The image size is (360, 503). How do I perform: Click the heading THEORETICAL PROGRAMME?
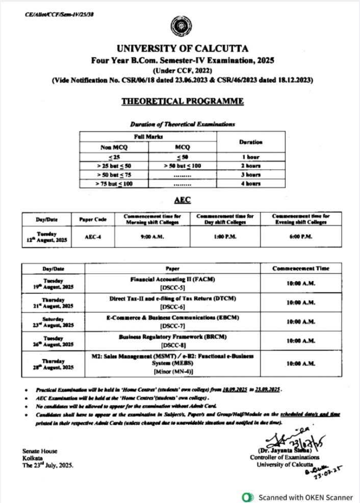183,102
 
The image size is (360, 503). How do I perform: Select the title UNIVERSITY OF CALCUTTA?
183,49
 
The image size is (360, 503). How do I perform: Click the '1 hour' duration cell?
251,157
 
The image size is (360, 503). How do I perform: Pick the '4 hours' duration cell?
251,183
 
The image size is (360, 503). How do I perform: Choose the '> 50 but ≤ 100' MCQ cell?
182,166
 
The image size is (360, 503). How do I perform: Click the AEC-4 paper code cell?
93,236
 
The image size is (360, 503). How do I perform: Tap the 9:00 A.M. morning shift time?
152,236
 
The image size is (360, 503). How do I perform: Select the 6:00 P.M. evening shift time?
300,236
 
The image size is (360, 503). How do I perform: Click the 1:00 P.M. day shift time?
225,236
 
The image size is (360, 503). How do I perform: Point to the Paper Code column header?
93,219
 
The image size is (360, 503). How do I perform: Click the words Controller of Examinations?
276,457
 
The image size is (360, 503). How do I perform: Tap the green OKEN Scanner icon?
248,496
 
